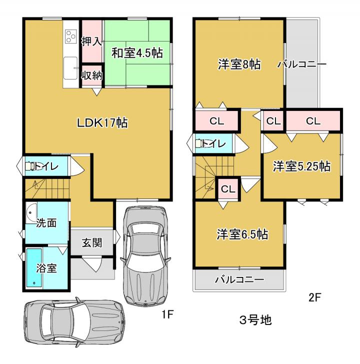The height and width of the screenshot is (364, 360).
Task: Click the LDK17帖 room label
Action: [x=102, y=122]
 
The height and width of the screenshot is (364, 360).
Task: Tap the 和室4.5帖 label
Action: [x=137, y=53]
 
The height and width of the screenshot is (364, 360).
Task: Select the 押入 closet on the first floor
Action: [x=91, y=41]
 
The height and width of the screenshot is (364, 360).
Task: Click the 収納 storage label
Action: [x=92, y=75]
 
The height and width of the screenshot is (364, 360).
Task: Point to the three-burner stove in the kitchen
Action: [x=70, y=36]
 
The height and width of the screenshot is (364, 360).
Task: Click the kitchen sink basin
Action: [x=70, y=68]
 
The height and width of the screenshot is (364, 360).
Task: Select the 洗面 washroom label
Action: [x=46, y=223]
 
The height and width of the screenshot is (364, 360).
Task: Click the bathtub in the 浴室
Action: [x=34, y=267]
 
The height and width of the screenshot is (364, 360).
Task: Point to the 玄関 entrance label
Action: [x=92, y=243]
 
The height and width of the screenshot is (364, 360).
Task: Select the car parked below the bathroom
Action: [x=74, y=322]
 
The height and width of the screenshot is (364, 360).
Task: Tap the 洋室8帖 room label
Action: [x=239, y=64]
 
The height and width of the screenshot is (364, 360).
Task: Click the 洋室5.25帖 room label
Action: [x=301, y=166]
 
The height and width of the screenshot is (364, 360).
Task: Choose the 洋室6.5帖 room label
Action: [x=242, y=234]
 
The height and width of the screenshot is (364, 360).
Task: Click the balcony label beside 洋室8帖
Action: [x=301, y=64]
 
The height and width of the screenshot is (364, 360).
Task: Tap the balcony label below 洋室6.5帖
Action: [x=239, y=279]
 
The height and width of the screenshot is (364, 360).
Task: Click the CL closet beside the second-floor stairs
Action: [x=228, y=188]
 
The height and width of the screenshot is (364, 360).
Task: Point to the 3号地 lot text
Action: [x=255, y=320]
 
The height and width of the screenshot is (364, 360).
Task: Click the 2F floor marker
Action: [x=314, y=297]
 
